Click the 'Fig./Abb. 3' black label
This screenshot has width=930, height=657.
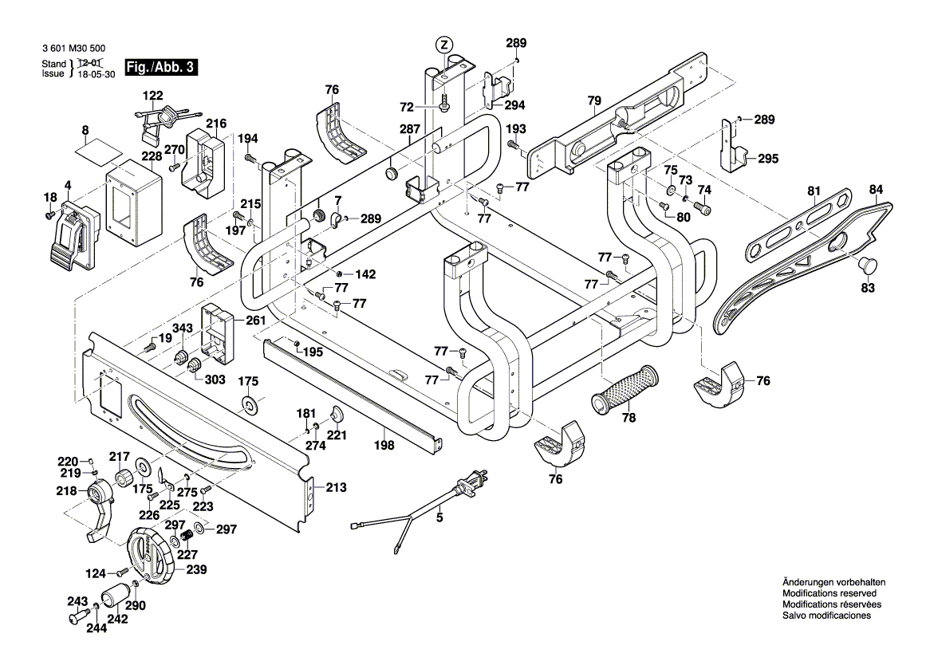(x=162, y=68)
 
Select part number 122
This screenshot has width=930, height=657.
(x=152, y=96)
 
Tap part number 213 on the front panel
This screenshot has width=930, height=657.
(x=336, y=486)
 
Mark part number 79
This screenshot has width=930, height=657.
(x=593, y=100)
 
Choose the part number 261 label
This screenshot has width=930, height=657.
(x=254, y=320)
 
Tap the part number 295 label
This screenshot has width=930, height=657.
(x=767, y=159)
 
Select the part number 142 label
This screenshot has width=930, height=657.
(x=365, y=273)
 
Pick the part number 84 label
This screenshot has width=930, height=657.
(x=877, y=190)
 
